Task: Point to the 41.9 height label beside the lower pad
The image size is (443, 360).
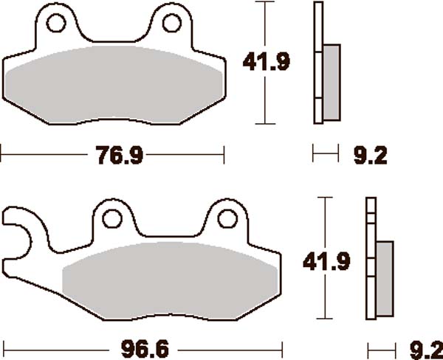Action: tap(325, 260)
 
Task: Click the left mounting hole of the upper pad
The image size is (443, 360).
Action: tap(55, 24)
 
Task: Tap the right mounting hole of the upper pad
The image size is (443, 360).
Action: tap(171, 24)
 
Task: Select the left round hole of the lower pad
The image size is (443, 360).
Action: tap(112, 218)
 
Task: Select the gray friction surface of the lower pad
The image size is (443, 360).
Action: tap(170, 277)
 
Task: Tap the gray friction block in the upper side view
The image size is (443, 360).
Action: tap(332, 82)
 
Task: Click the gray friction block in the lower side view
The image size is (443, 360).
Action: tap(385, 277)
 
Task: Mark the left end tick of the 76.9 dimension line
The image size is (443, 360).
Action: tap(2, 155)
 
